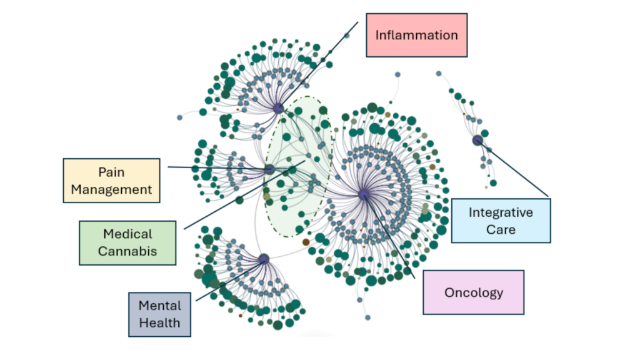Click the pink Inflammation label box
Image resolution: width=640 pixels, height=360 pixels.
(416, 35)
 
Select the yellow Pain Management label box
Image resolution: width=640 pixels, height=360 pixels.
(111, 181)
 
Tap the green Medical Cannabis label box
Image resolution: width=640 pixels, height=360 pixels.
(127, 242)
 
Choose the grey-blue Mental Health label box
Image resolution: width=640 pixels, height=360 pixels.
(159, 314)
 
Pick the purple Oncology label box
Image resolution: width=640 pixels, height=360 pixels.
(473, 292)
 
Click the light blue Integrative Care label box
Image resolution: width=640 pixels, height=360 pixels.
(501, 221)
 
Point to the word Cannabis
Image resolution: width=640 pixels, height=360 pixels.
(127, 252)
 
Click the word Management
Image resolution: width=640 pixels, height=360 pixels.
(111, 189)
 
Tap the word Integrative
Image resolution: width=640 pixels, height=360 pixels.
(501, 212)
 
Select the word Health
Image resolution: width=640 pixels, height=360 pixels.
(159, 323)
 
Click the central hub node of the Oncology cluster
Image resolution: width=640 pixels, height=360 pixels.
(364, 195)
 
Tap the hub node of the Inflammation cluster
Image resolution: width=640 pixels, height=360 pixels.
(278, 109)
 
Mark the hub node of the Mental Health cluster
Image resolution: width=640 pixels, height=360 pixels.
(264, 258)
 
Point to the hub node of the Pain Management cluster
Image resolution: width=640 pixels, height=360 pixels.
(269, 169)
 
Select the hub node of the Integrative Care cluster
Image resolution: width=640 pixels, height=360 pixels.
(477, 140)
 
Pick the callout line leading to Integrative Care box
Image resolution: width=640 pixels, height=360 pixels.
(516, 170)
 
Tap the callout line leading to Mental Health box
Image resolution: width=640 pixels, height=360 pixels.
(228, 279)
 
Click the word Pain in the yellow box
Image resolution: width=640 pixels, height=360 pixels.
(111, 172)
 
